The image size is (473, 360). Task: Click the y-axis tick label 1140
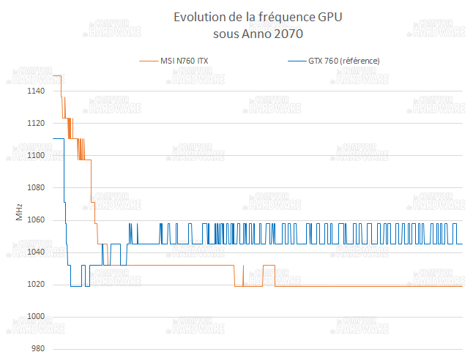(x=36, y=91)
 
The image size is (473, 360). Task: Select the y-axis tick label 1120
(x=36, y=124)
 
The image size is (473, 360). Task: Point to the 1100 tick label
(x=36, y=156)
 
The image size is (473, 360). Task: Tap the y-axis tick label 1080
(x=36, y=188)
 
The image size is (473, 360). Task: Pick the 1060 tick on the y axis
(x=36, y=220)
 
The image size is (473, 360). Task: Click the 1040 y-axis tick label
(x=36, y=252)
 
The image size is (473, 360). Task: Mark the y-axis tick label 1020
(x=36, y=285)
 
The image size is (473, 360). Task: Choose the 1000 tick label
(x=36, y=317)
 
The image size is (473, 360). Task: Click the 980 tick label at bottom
(x=38, y=349)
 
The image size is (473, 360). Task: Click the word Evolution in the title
(x=198, y=17)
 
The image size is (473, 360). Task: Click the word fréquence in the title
(x=282, y=17)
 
